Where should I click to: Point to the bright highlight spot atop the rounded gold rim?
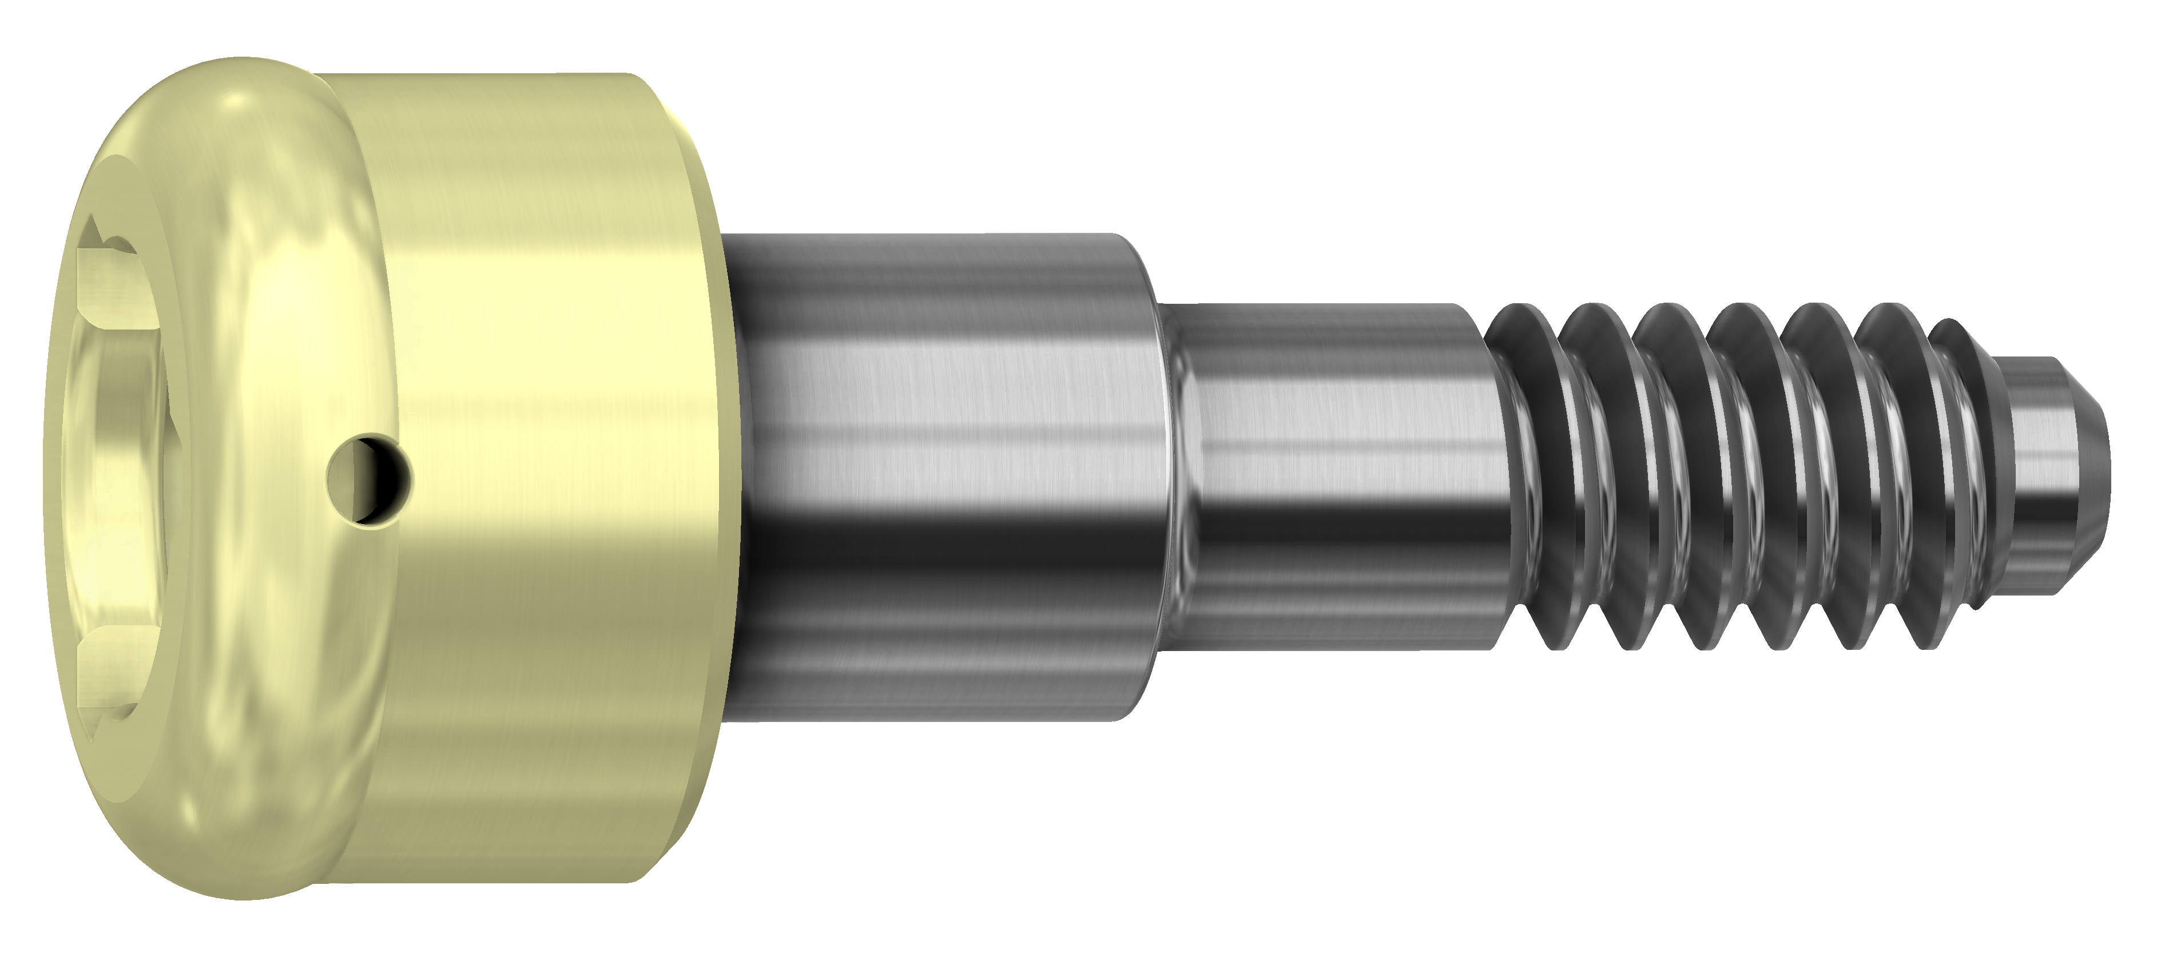coord(240,105)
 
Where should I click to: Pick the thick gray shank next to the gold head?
coord(935,471)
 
